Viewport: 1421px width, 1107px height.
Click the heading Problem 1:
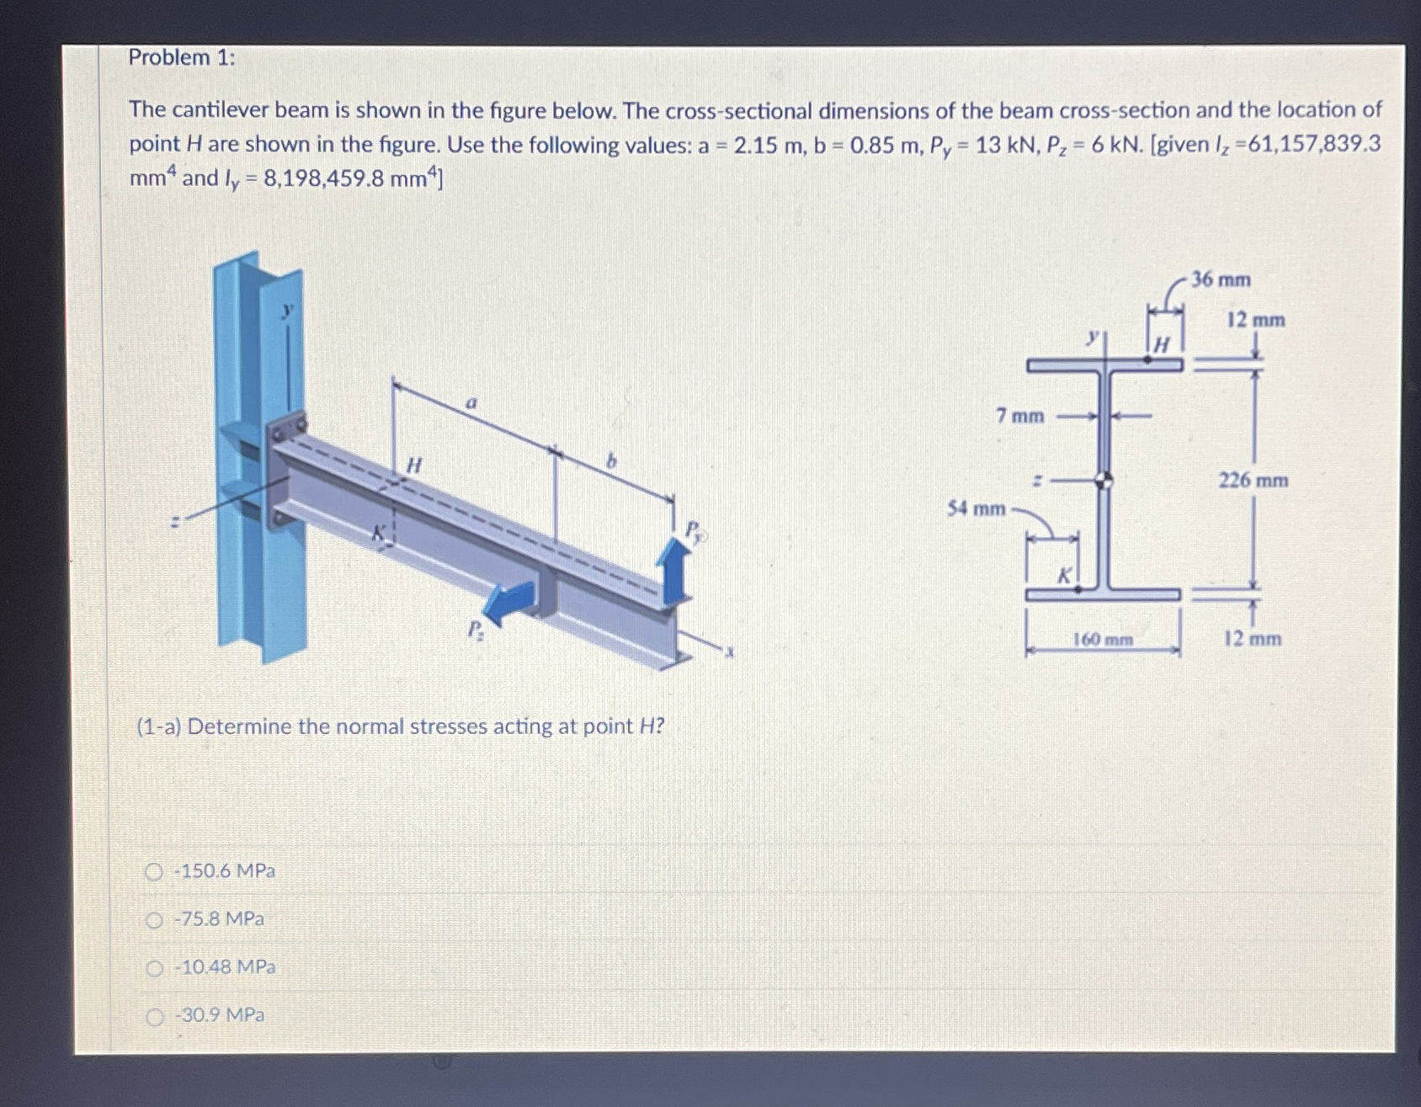[x=182, y=58]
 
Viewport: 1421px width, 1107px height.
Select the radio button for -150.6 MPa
[x=153, y=872]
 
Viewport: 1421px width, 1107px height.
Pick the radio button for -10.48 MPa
[x=153, y=969]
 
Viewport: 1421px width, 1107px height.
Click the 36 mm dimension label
[x=1221, y=279]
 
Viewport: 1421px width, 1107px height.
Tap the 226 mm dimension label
[x=1253, y=481]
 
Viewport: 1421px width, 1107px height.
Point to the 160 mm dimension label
[x=1102, y=641]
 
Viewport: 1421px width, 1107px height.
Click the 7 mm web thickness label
[x=1019, y=416]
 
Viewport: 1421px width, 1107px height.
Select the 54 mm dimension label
[x=976, y=508]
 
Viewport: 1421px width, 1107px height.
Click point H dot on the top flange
[x=1147, y=359]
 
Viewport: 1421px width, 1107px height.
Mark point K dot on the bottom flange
[x=1078, y=590]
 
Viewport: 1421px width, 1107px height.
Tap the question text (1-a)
[x=400, y=726]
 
